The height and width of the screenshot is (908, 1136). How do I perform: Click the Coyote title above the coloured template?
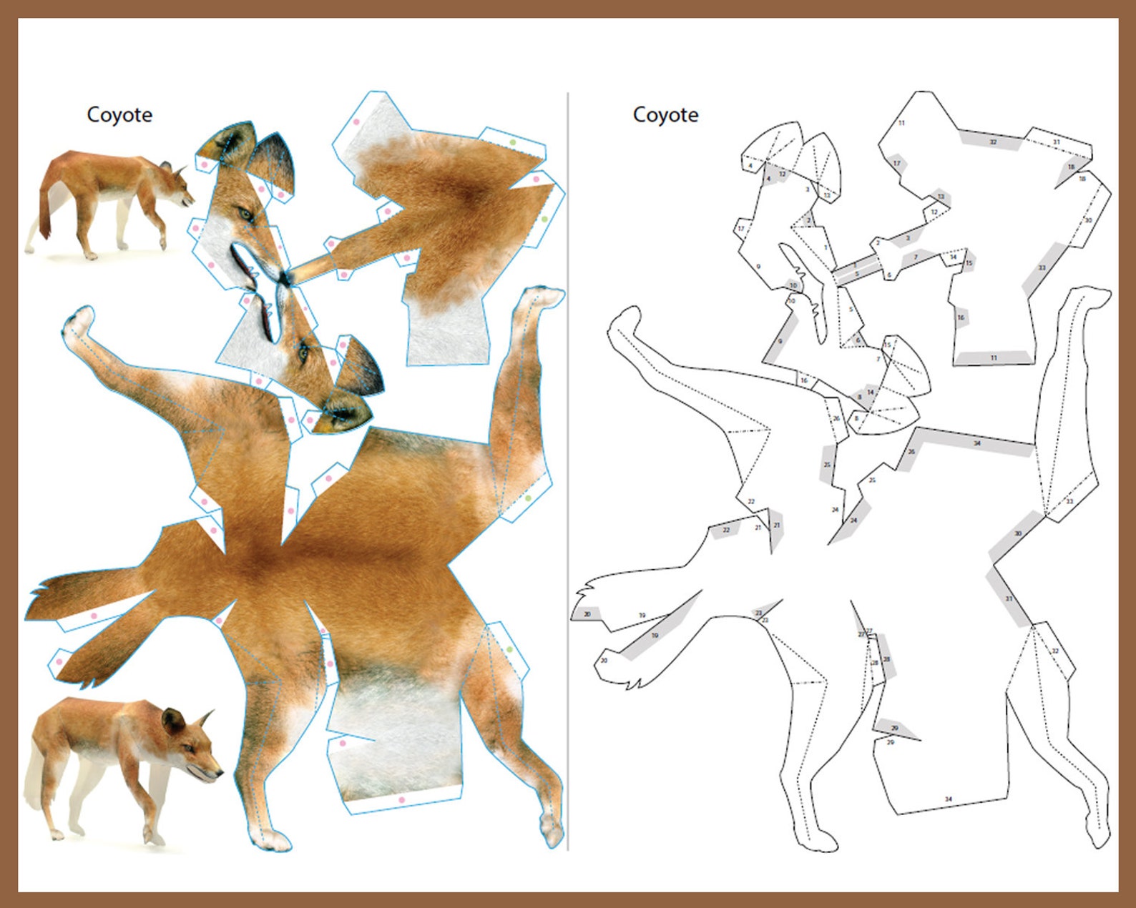click(x=119, y=114)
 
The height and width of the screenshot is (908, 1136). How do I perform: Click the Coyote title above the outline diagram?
click(x=665, y=114)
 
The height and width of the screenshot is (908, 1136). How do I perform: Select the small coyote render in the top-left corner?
click(x=107, y=204)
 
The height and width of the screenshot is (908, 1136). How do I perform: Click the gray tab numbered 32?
click(x=991, y=142)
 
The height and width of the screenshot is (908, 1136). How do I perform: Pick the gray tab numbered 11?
click(x=993, y=357)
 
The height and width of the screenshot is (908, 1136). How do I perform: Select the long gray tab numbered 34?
click(x=976, y=443)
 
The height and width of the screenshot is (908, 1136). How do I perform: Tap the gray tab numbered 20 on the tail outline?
click(x=587, y=614)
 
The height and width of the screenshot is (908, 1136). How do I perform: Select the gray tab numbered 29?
click(x=894, y=728)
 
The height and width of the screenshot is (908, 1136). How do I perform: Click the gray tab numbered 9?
click(x=780, y=342)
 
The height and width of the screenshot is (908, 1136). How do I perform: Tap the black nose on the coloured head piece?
click(x=285, y=277)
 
